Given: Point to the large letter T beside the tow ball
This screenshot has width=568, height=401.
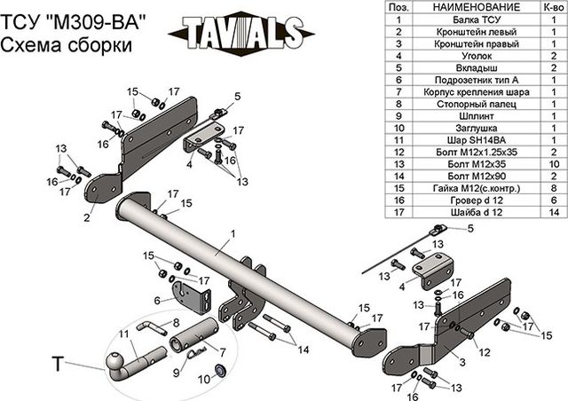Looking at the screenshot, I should [59, 364].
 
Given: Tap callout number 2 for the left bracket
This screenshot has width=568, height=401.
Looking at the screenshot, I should [87, 216].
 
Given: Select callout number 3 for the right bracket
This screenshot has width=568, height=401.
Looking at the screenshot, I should [461, 364].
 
